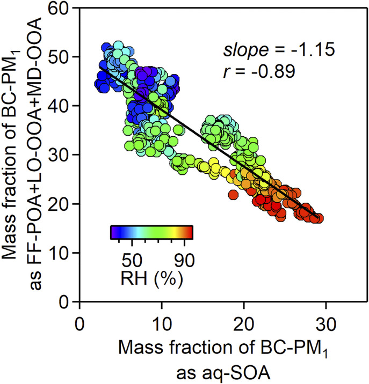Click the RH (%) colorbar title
click(x=151, y=279)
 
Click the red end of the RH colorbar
click(x=189, y=232)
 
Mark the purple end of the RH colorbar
click(x=113, y=232)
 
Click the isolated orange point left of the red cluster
click(x=233, y=195)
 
